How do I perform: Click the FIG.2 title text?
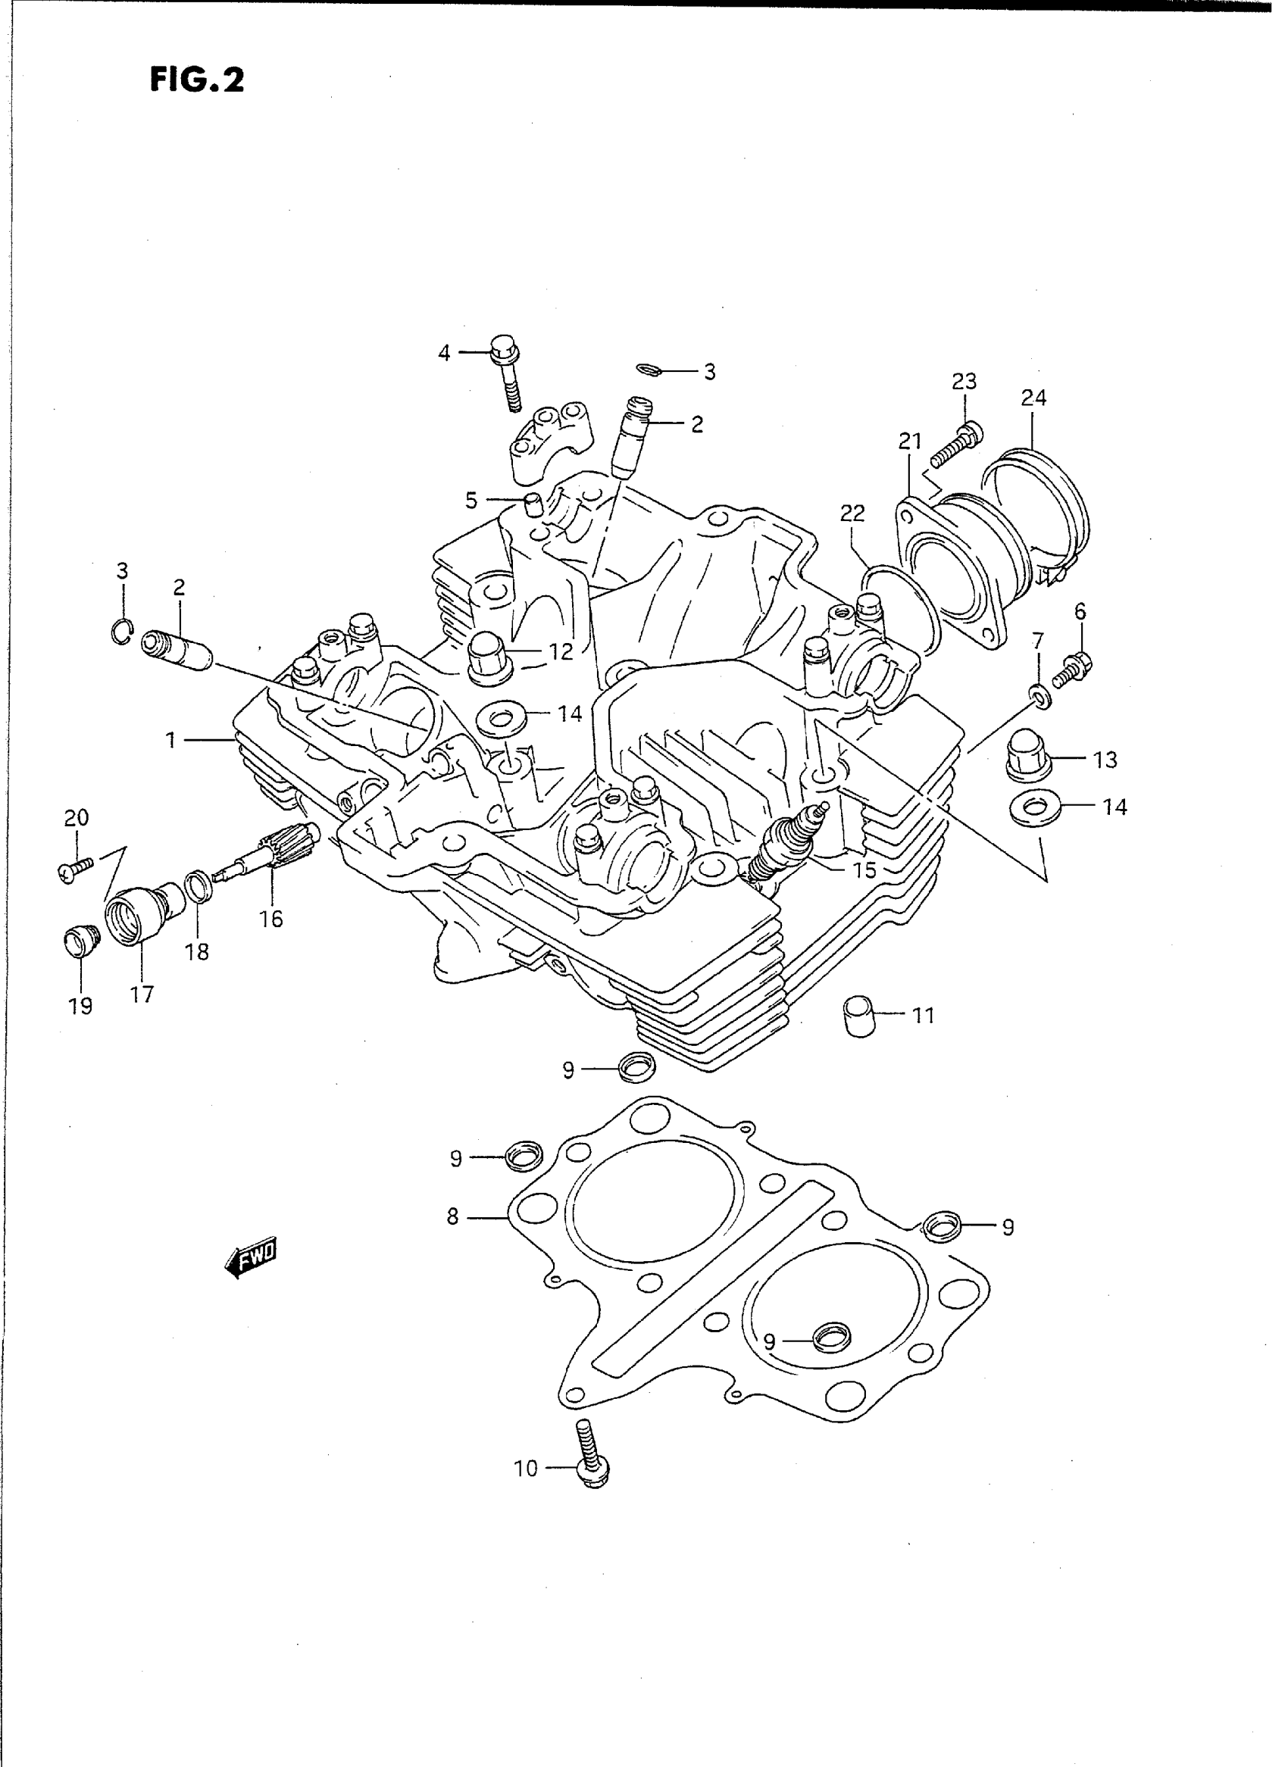tap(197, 80)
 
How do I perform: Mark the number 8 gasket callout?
tap(453, 1216)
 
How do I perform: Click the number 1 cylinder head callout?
tap(170, 740)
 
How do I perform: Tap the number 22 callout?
tap(853, 513)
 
